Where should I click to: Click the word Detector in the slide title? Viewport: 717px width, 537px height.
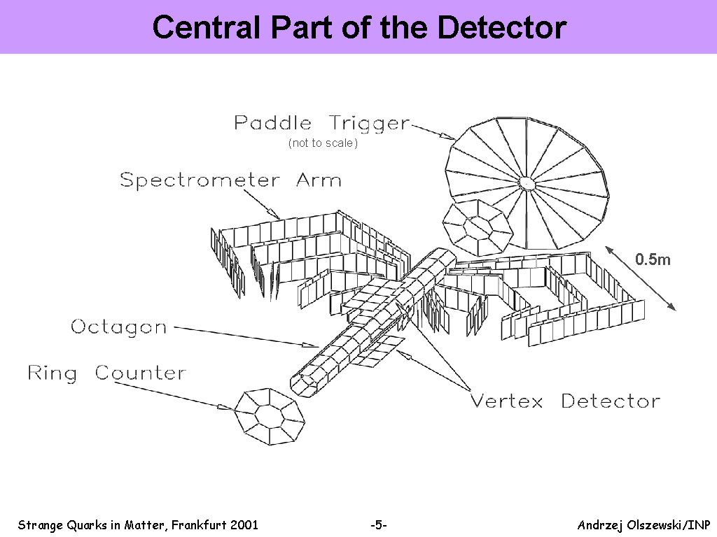pos(501,28)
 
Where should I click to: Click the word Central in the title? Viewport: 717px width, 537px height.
pos(207,28)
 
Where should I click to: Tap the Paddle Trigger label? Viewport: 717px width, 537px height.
pos(321,123)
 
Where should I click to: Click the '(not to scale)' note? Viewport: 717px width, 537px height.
pos(323,143)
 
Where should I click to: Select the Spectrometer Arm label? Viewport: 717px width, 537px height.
pos(231,181)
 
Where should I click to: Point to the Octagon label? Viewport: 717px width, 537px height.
pos(118,327)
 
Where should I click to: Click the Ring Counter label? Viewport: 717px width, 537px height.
pos(107,373)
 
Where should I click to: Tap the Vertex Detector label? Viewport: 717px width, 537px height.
pos(565,401)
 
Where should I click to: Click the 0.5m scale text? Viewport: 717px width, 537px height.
pos(653,259)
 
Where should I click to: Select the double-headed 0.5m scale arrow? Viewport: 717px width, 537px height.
pos(641,278)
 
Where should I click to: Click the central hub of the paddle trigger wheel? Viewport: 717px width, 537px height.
pos(527,184)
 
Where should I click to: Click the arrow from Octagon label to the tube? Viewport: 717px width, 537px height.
pos(246,337)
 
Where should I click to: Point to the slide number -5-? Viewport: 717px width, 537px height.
pos(378,525)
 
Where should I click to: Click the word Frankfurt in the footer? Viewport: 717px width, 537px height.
pos(200,525)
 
